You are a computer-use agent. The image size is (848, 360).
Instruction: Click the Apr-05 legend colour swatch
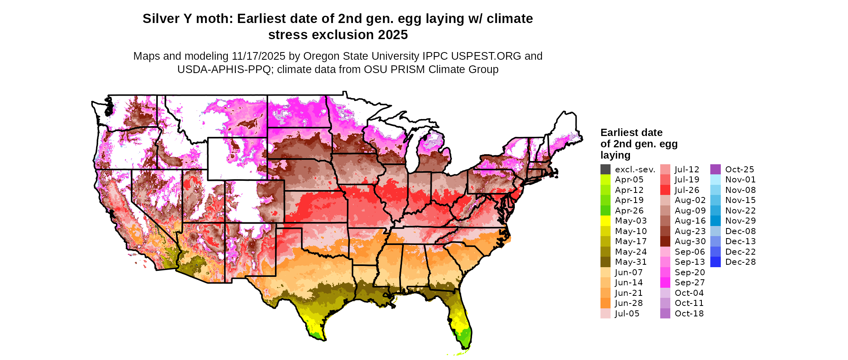coord(605,180)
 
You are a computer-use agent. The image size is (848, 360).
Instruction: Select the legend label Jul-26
coord(687,190)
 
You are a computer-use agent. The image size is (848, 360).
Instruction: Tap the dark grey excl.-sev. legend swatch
coord(605,170)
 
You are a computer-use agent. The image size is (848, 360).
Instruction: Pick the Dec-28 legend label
coord(740,262)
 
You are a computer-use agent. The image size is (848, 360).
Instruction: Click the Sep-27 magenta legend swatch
coord(665,283)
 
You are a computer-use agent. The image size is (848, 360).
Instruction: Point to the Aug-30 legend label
coord(690,241)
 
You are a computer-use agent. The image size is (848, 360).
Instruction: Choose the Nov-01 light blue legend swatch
coord(715,180)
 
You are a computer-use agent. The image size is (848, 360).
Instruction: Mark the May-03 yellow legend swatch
coord(605,221)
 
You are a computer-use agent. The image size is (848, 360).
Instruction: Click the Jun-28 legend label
coord(629,303)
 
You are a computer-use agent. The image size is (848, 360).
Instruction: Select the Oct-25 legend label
coord(739,170)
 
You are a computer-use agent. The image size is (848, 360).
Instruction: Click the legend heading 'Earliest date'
coord(631,133)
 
